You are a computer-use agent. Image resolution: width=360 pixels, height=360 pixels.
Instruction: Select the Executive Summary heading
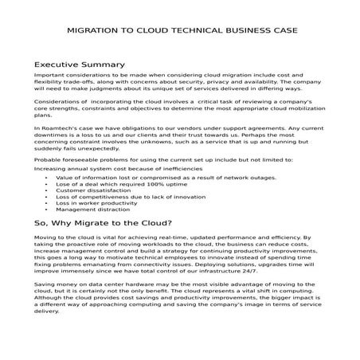[x=80, y=64]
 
